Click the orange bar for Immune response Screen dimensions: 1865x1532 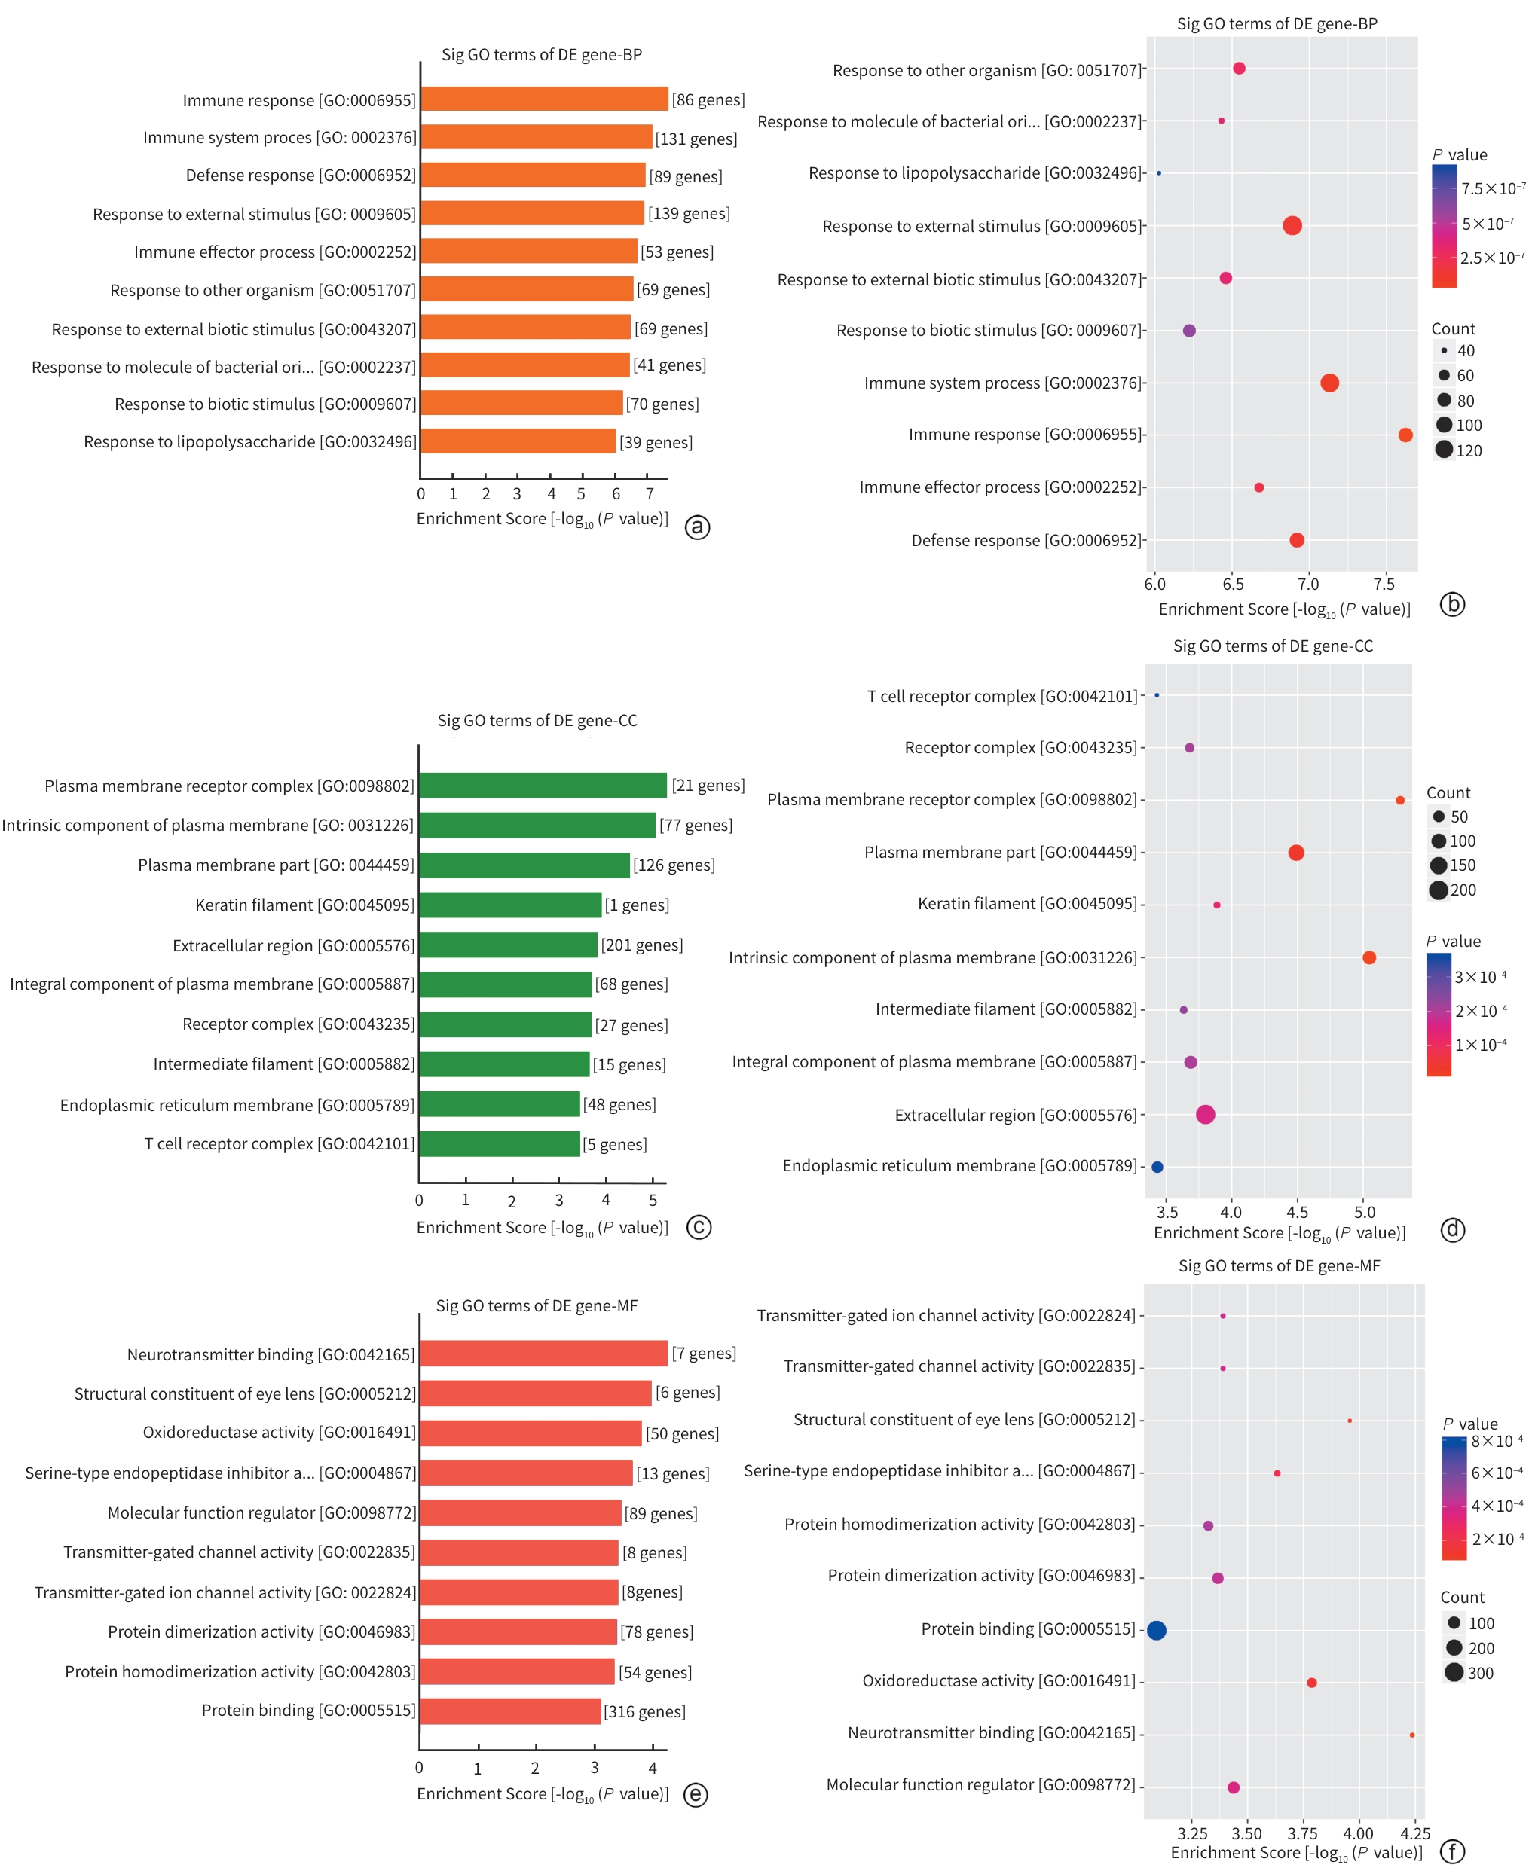click(x=543, y=99)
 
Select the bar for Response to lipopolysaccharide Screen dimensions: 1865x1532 click(x=518, y=441)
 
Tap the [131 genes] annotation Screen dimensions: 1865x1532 click(x=696, y=139)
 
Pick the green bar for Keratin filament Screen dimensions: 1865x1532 click(x=510, y=905)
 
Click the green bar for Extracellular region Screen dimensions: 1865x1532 click(x=509, y=945)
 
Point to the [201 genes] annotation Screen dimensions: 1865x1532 click(x=641, y=945)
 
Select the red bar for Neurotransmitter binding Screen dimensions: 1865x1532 click(x=543, y=1354)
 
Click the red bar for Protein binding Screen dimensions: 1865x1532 click(x=510, y=1711)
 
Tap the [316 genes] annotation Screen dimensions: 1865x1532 click(x=644, y=1711)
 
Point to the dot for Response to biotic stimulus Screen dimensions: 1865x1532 click(x=1188, y=331)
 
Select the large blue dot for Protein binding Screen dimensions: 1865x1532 click(x=1156, y=1630)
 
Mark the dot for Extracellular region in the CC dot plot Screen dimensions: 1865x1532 click(x=1205, y=1114)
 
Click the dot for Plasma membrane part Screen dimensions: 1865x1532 click(x=1295, y=852)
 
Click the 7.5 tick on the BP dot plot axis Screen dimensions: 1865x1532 click(x=1384, y=584)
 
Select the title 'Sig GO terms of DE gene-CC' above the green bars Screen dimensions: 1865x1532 click(x=537, y=720)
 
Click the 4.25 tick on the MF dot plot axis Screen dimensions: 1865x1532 click(x=1414, y=1834)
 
